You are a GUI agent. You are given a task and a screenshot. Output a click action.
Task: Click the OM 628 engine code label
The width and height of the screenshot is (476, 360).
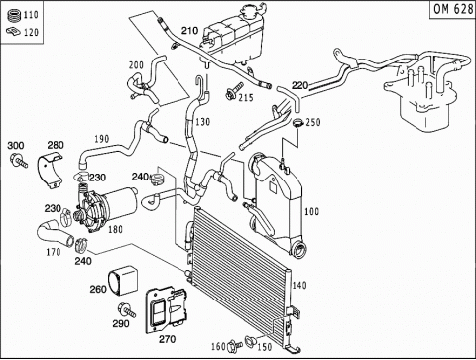(453, 9)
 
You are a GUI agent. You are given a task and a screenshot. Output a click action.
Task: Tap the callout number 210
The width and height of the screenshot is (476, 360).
(189, 31)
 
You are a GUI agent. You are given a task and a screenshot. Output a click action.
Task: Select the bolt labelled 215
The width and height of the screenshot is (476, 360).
(233, 90)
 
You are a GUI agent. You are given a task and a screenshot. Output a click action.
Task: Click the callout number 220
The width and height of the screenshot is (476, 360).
(299, 86)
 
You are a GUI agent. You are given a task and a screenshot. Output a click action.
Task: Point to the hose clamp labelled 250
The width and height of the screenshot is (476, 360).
(297, 124)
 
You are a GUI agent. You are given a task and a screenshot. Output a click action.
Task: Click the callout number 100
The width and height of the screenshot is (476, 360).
(311, 211)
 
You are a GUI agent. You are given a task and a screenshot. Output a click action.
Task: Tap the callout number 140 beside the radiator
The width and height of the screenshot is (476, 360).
(299, 285)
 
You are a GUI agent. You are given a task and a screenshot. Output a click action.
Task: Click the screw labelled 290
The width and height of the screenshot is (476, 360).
(127, 310)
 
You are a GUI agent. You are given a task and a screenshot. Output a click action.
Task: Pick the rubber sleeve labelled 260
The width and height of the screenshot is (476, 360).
(123, 281)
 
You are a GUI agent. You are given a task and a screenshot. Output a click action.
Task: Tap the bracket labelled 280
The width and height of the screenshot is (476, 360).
(51, 170)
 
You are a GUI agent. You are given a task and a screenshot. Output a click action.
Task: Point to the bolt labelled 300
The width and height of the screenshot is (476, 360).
(19, 161)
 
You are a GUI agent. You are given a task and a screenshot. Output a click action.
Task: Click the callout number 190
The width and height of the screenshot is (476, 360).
(102, 139)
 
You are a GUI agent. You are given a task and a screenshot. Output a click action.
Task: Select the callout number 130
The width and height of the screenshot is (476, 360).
(203, 122)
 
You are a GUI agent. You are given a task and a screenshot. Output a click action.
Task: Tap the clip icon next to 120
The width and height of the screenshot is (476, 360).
(13, 32)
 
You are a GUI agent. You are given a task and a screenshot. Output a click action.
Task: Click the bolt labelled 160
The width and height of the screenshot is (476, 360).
(235, 346)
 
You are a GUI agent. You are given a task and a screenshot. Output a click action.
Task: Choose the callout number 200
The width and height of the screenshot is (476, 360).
(136, 65)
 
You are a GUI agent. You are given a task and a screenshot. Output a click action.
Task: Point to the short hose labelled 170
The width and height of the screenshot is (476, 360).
(56, 234)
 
